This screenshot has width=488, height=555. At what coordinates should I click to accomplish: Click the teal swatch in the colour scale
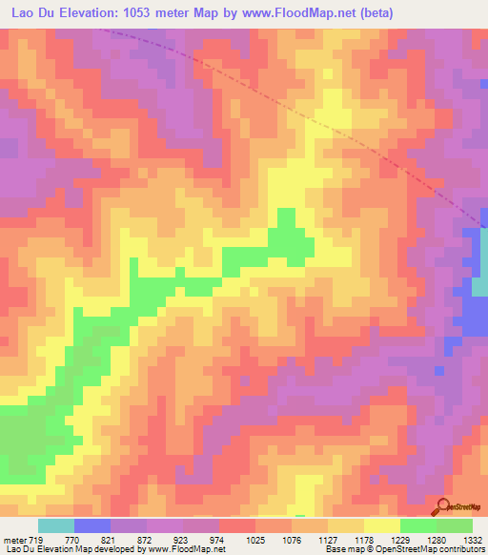click(56, 525)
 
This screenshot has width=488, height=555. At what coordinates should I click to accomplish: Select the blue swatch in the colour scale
click(92, 525)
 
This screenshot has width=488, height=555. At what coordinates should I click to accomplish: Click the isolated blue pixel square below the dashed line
click(437, 370)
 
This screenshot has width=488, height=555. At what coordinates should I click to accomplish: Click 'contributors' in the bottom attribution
click(460, 549)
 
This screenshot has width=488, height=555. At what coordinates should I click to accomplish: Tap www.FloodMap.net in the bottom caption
click(185, 549)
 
